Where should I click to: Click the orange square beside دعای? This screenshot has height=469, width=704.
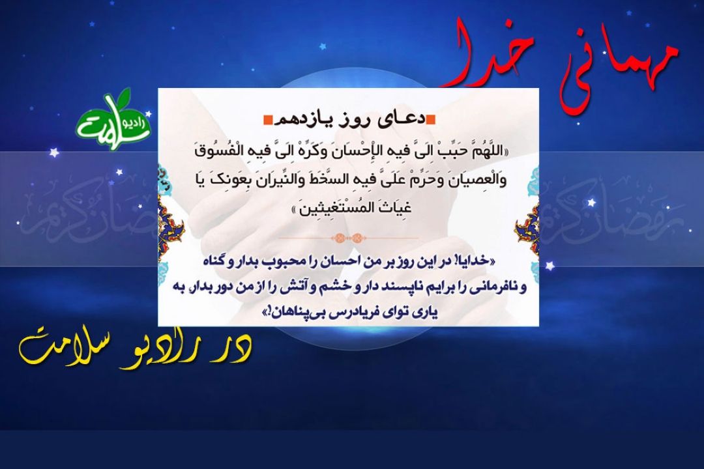coord(431,119)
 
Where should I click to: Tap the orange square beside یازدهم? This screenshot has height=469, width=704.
coord(267,120)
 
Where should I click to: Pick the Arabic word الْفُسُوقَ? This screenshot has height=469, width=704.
coord(216,151)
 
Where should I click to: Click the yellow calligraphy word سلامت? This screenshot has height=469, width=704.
coord(58,348)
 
